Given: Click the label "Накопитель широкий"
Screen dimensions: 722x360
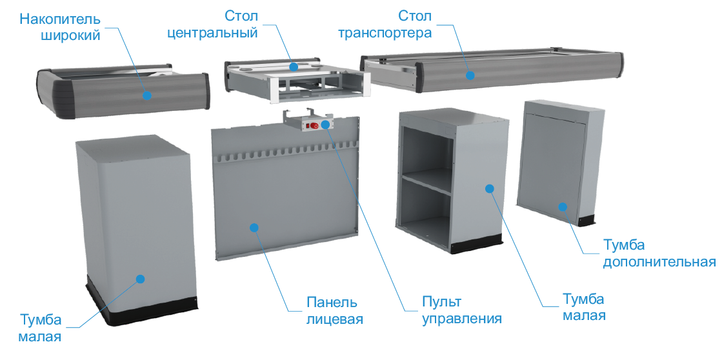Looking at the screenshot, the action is tap(60, 27).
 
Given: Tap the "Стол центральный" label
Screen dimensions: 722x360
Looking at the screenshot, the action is tap(212, 25).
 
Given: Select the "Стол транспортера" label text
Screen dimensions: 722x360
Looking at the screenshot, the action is tap(385, 25).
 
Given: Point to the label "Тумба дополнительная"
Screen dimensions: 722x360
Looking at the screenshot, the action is tap(659, 253).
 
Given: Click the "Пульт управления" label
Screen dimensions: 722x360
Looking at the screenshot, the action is tap(462, 311).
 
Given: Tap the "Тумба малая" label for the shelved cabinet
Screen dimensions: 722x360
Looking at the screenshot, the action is tap(583, 307).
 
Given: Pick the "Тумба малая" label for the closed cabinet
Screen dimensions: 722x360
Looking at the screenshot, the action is tap(40, 328).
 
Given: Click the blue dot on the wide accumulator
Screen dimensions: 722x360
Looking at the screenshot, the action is tap(147, 95).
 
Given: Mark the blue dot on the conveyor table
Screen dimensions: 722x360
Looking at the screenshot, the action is tap(470, 75).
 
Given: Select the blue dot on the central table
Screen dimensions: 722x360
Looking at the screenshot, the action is tap(294, 67).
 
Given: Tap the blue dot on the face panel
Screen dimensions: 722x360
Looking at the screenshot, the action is tap(254, 227).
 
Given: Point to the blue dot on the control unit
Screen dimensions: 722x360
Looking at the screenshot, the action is tap(326, 124).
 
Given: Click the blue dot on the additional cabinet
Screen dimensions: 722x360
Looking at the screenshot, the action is tap(563, 206).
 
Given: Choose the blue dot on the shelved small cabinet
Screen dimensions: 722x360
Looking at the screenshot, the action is tap(490, 188).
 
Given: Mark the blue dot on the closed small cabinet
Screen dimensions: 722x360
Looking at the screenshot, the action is tap(141, 279).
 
